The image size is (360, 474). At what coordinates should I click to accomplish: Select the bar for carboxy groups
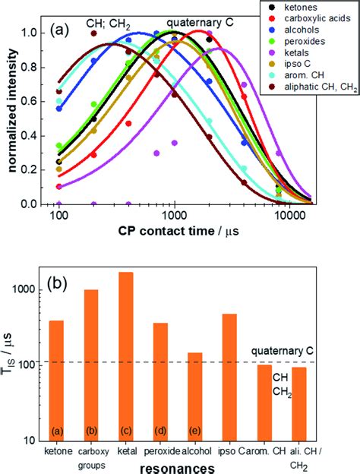90,365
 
